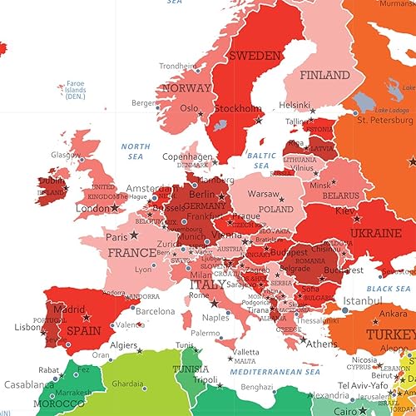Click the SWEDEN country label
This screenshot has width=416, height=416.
pyautogui.click(x=255, y=56)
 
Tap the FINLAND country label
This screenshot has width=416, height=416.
pyautogui.click(x=324, y=74)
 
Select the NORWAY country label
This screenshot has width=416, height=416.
pyautogui.click(x=186, y=88)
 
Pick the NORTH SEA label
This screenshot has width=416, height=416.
pyautogui.click(x=135, y=151)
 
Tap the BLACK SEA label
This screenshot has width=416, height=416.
pyautogui.click(x=388, y=288)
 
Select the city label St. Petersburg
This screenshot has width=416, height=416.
pyautogui.click(x=384, y=120)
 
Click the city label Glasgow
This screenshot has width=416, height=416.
pyautogui.click(x=66, y=154)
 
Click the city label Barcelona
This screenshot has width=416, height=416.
pyautogui.click(x=155, y=311)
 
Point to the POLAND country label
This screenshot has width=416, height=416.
pyautogui.click(x=275, y=210)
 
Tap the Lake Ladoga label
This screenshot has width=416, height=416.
pyautogui.click(x=392, y=110)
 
